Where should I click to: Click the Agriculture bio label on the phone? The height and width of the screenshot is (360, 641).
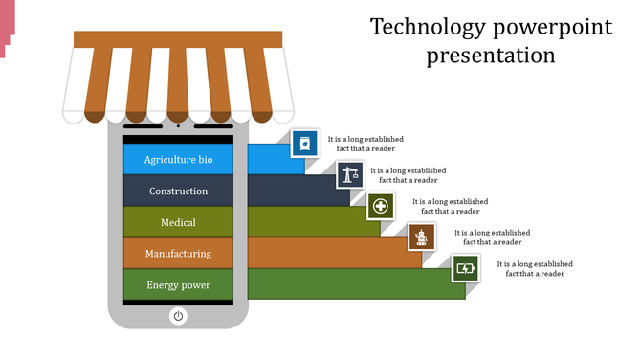(x=178, y=160)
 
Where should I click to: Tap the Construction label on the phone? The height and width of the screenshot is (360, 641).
(x=178, y=191)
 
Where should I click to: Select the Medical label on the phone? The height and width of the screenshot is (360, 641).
(x=178, y=223)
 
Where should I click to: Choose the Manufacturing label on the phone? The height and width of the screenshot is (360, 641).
(x=178, y=254)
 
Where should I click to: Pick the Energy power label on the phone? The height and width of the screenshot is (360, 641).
(x=178, y=285)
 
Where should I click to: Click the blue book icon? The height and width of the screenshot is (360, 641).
(x=304, y=144)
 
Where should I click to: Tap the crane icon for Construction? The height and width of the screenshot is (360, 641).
(x=349, y=175)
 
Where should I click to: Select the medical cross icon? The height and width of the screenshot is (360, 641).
(x=381, y=206)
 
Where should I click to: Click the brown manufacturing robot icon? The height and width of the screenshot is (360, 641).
(x=422, y=236)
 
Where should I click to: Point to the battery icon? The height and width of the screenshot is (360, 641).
(x=465, y=268)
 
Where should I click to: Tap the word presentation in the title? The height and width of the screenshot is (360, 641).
(x=491, y=55)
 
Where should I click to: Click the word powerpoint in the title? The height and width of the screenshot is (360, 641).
(x=552, y=26)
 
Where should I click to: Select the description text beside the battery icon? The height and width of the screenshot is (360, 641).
(x=534, y=268)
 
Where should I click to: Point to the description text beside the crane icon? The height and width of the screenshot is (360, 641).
(x=408, y=175)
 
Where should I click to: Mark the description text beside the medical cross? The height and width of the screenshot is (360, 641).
(x=450, y=207)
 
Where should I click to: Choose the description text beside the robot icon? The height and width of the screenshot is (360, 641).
(x=492, y=237)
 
